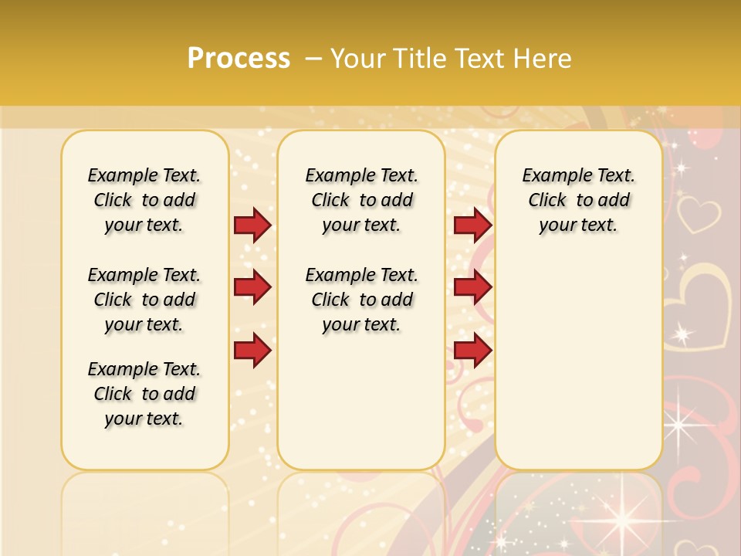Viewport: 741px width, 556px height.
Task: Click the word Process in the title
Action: (239, 58)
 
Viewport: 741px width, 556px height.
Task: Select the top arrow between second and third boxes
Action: (472, 225)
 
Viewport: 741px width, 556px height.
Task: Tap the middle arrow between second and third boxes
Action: (472, 288)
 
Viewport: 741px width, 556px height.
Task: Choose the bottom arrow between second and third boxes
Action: (472, 351)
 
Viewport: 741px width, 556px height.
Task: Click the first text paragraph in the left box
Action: (144, 200)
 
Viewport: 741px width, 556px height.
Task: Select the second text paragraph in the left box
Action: (144, 300)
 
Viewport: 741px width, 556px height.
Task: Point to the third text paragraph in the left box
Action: (144, 394)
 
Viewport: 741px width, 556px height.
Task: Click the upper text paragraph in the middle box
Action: (361, 200)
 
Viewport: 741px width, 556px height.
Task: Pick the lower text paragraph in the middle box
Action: (361, 300)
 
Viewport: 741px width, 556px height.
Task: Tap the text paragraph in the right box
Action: (578, 200)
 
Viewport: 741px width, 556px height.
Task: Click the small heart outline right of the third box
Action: (698, 215)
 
